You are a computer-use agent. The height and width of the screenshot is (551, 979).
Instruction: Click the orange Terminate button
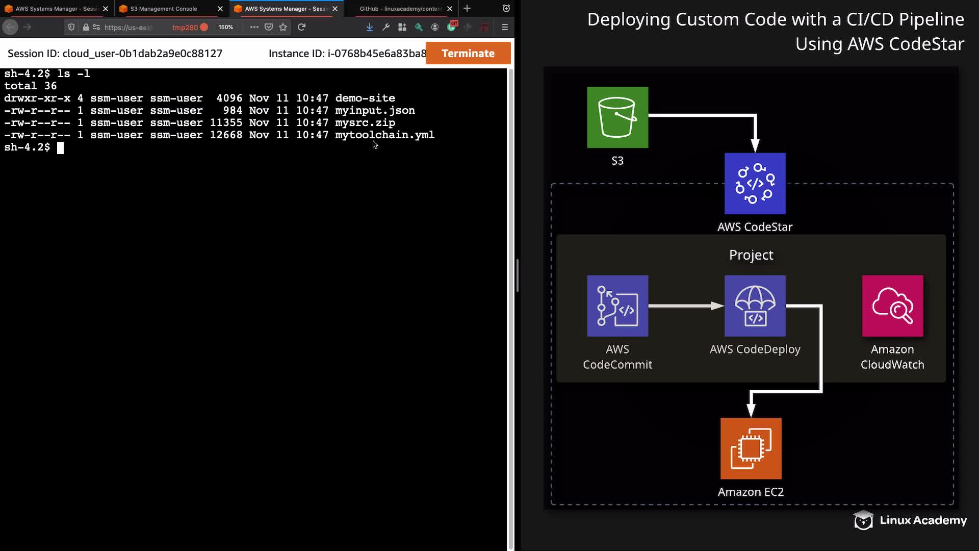468,53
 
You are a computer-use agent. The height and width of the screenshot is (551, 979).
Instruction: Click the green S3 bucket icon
617,117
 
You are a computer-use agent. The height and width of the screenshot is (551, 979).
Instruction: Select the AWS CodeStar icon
755,184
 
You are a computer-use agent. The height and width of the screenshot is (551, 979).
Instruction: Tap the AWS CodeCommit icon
617,306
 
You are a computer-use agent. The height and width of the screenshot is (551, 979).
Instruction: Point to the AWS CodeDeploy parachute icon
755,306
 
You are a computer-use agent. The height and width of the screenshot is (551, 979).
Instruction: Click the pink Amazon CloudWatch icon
892,306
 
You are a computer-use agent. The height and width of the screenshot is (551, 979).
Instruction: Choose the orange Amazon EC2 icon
751,448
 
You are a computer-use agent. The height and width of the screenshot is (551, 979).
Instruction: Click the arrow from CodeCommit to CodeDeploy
686,306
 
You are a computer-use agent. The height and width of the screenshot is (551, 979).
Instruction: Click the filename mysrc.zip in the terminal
365,123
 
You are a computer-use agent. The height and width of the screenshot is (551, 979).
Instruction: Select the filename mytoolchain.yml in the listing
384,135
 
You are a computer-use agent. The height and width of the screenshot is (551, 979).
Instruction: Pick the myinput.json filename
375,111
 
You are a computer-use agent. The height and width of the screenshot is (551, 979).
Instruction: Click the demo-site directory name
365,98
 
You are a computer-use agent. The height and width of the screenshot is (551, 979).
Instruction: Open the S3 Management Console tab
164,9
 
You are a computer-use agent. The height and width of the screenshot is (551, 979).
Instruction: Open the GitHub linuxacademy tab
400,9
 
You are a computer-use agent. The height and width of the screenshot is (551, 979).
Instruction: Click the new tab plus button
467,9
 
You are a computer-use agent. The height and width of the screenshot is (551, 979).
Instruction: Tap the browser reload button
301,27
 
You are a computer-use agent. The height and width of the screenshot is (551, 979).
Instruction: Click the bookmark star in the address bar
283,27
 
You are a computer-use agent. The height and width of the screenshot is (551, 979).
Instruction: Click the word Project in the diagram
751,255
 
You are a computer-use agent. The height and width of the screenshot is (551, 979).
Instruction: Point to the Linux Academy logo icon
863,520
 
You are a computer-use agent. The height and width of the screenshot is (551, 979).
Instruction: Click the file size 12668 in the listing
226,135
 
